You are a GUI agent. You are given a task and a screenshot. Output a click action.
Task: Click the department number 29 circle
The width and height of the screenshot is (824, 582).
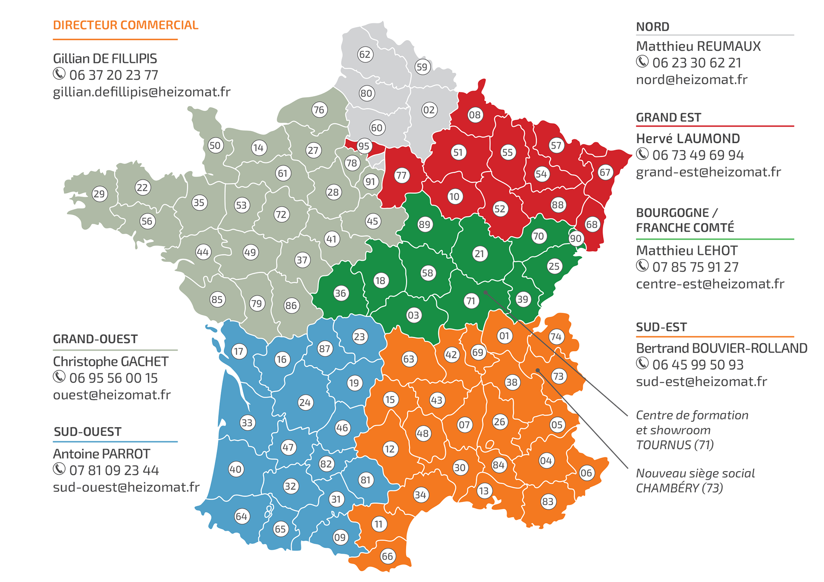click(99, 194)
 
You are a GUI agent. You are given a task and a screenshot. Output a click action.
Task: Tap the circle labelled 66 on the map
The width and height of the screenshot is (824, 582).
click(387, 556)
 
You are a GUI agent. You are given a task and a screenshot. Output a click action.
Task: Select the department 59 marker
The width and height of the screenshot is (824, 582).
click(422, 67)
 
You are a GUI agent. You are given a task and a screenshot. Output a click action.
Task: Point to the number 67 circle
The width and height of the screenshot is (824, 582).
click(605, 172)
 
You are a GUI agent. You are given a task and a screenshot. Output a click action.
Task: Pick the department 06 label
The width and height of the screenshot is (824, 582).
click(586, 473)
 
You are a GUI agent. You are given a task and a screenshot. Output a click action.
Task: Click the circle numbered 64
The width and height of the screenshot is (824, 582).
click(241, 516)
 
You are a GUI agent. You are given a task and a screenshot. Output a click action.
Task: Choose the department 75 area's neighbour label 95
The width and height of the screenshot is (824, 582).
click(364, 146)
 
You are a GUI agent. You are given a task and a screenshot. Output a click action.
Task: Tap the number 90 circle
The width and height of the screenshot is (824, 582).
click(576, 238)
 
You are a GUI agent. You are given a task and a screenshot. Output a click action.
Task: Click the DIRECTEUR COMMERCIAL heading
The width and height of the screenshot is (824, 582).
click(125, 25)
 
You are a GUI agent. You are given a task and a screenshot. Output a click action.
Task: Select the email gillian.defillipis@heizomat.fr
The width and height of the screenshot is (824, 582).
click(141, 92)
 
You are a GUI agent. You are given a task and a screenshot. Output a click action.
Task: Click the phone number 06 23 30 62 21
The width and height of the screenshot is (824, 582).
click(696, 63)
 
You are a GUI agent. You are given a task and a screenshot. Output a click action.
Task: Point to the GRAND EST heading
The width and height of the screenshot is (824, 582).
click(668, 117)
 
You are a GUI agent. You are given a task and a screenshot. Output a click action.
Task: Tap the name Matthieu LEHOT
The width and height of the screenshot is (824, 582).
click(686, 250)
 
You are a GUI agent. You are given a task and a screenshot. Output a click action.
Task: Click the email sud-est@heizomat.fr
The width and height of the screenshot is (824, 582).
click(701, 382)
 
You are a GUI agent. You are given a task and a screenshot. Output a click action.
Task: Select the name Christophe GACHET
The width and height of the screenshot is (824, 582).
click(110, 361)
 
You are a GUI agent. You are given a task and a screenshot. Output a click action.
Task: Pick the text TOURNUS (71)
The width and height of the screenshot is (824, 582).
click(674, 444)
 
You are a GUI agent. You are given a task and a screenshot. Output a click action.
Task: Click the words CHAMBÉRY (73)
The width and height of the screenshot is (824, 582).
click(679, 488)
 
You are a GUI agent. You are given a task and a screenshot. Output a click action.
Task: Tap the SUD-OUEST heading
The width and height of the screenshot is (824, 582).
click(88, 432)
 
